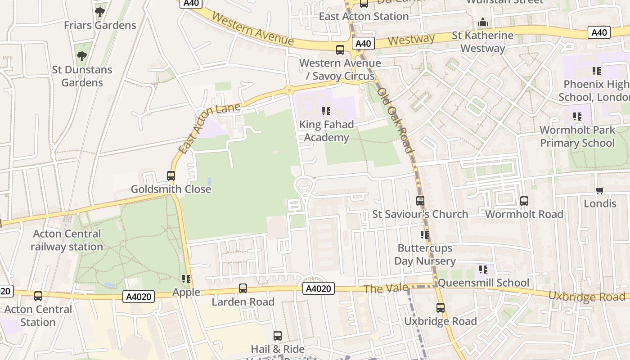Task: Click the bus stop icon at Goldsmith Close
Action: point(171,176)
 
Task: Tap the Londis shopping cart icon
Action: point(599,191)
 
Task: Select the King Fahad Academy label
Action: point(326,131)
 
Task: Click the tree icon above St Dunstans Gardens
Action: point(81,56)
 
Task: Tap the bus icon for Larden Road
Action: point(243,288)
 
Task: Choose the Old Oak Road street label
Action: point(396,120)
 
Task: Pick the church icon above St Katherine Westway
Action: point(483,22)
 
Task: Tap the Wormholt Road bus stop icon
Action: point(524,201)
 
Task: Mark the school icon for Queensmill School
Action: point(483,270)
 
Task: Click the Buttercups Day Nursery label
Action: point(425,255)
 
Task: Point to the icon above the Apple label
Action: point(186,279)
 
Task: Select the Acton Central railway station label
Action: point(67,240)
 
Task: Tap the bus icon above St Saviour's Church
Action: point(420,201)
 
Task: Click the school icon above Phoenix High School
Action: point(597,71)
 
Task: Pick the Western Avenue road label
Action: point(252,29)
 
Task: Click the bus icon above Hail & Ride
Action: point(278,336)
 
